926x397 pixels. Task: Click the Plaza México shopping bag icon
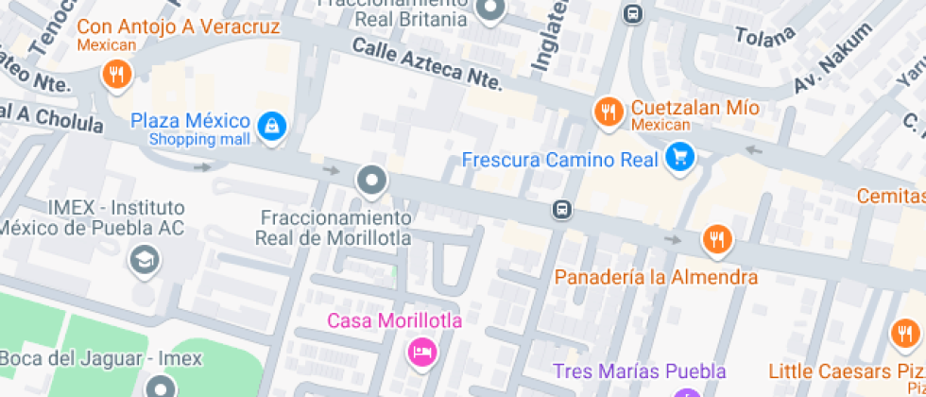pyautogui.click(x=272, y=126)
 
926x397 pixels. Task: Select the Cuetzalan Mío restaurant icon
pyautogui.click(x=608, y=112)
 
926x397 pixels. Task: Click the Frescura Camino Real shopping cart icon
pyautogui.click(x=678, y=158)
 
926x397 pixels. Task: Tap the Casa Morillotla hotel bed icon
pyautogui.click(x=421, y=353)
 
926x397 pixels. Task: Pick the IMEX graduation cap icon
pyautogui.click(x=144, y=258)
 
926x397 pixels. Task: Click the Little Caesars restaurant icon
pyautogui.click(x=906, y=334)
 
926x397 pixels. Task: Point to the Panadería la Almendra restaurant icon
pyautogui.click(x=717, y=240)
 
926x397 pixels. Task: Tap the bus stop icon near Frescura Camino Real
pyautogui.click(x=561, y=209)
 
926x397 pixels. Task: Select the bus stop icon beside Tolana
pyautogui.click(x=633, y=14)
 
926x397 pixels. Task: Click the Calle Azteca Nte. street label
pyautogui.click(x=426, y=64)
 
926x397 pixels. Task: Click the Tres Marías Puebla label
pyautogui.click(x=639, y=371)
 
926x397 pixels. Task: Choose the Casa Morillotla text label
pyautogui.click(x=395, y=320)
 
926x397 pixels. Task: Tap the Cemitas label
pyautogui.click(x=890, y=196)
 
